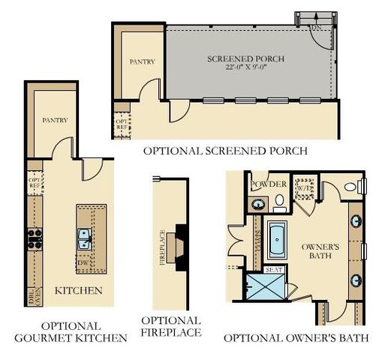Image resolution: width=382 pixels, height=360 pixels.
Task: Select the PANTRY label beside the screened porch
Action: (143, 61)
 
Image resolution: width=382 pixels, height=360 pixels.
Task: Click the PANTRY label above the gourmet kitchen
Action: (55, 120)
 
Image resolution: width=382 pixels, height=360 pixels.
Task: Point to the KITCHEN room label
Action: (79, 290)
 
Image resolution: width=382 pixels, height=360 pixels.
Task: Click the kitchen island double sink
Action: (85, 239)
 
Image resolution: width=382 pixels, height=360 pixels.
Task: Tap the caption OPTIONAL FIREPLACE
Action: (171, 325)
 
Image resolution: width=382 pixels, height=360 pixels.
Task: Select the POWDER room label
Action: (269, 184)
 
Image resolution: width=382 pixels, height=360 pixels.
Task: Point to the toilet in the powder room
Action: (278, 201)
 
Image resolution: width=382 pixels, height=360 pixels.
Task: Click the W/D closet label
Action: (304, 189)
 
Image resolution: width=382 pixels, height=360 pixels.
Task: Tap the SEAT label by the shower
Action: (273, 268)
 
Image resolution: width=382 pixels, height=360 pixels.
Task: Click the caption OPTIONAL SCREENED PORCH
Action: (225, 151)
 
